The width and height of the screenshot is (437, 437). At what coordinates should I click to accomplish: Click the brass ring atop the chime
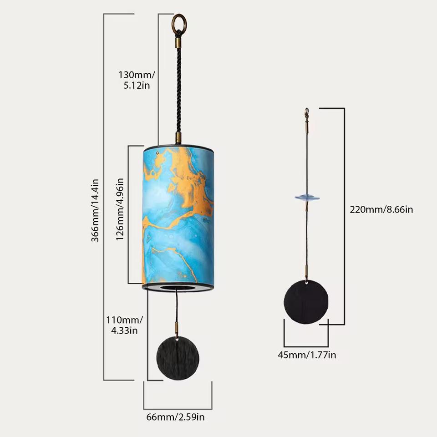point(179,22)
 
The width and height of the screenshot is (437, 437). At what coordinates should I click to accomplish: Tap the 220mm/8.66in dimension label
point(381,209)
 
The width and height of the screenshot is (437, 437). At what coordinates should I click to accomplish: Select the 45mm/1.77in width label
point(307,355)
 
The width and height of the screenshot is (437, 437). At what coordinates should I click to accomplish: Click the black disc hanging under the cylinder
point(178,358)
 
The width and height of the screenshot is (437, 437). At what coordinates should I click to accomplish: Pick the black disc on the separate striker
point(306,302)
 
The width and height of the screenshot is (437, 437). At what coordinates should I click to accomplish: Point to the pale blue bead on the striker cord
point(307,198)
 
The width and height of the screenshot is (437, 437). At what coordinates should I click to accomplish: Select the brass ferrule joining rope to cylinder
point(178,138)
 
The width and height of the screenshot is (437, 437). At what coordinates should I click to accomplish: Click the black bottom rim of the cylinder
point(178,287)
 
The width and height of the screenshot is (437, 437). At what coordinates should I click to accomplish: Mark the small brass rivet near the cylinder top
point(158,154)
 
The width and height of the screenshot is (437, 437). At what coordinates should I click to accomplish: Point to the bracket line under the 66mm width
point(178,408)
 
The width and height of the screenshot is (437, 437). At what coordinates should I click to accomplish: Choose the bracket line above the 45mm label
point(306,346)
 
